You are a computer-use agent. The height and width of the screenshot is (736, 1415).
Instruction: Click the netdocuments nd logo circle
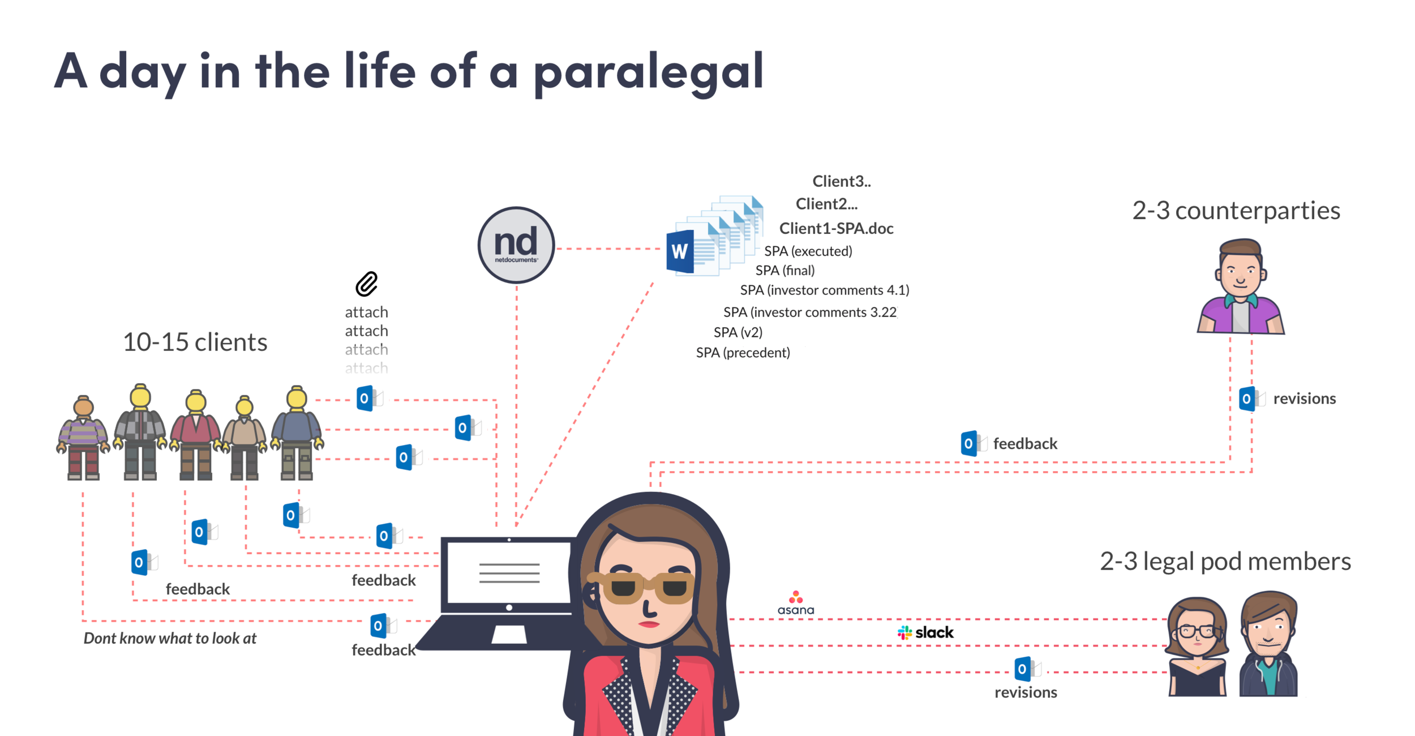[x=516, y=245]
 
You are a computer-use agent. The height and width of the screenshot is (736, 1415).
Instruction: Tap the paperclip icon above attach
[x=366, y=284]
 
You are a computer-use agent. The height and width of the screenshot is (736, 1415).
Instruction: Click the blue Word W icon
[x=680, y=251]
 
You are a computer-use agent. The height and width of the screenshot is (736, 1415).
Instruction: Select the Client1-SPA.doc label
[x=836, y=228]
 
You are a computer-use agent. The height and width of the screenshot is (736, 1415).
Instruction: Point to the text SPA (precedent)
[x=743, y=353]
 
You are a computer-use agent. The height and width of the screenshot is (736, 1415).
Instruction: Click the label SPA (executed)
[x=808, y=251]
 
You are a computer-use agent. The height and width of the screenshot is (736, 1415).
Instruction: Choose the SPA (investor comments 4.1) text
[x=824, y=290]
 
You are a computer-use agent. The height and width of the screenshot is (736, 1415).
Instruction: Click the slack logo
[x=925, y=632]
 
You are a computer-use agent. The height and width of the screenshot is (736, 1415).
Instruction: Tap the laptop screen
[x=509, y=572]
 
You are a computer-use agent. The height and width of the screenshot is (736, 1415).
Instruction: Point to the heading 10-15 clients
[x=195, y=342]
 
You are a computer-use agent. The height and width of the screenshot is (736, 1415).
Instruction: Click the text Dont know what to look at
[x=170, y=638]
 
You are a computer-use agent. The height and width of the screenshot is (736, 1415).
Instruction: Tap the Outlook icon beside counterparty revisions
[x=1247, y=399]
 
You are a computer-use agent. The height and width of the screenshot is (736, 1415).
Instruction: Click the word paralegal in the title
[x=649, y=72]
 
